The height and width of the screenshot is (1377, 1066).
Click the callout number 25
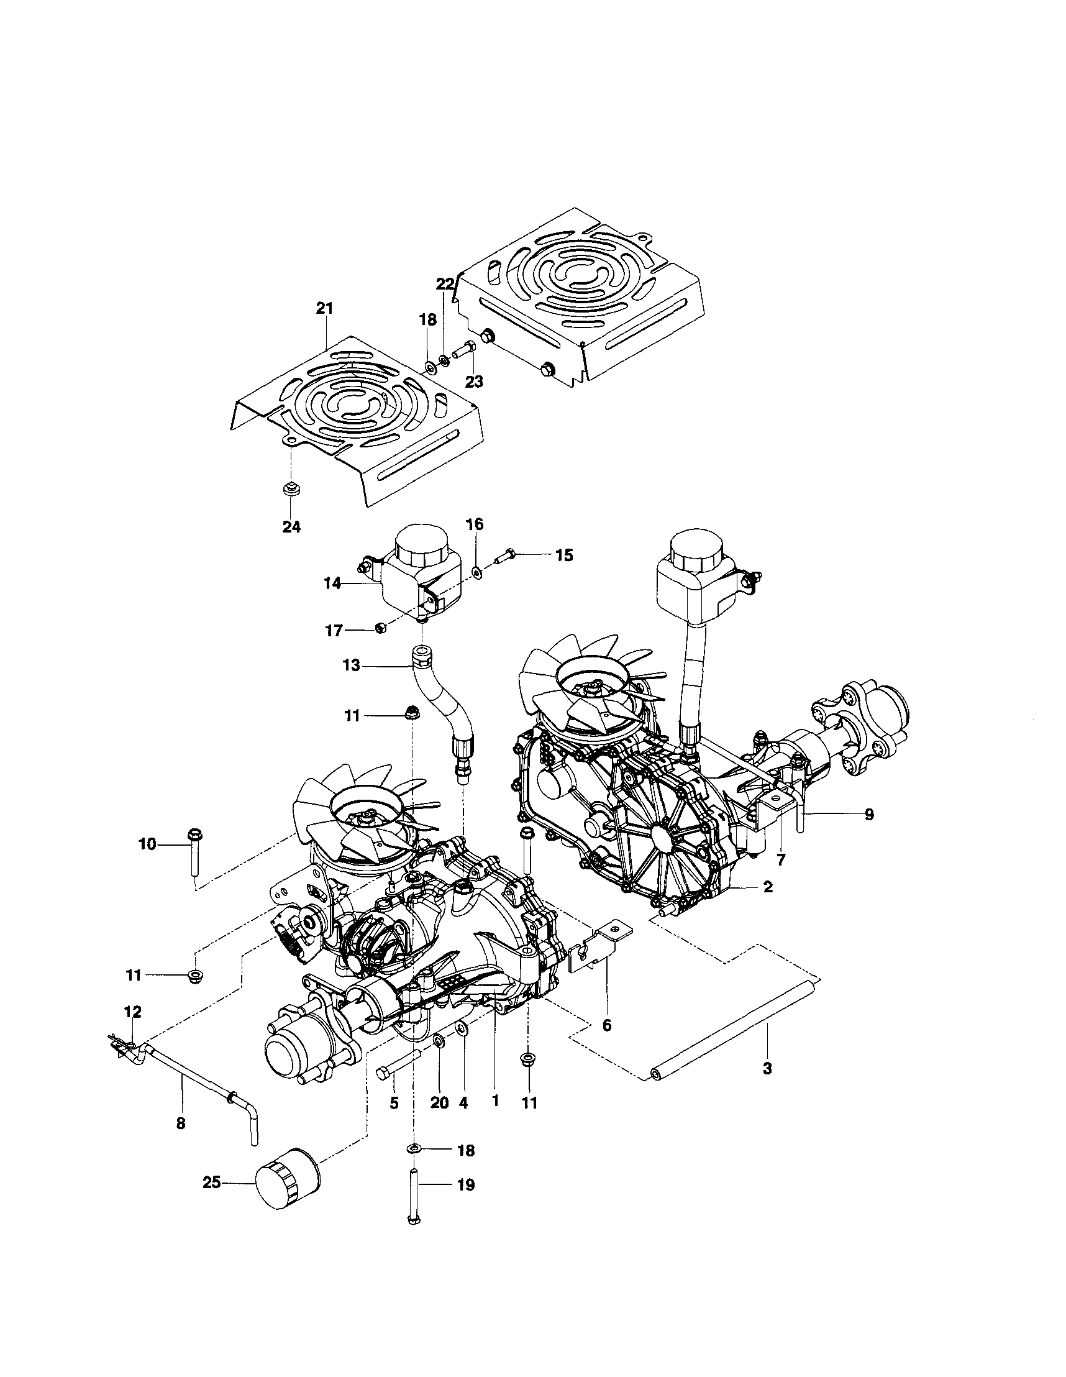[212, 1183]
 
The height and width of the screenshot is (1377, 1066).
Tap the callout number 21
[325, 308]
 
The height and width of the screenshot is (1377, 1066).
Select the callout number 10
[147, 844]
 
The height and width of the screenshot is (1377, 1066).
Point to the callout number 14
[333, 584]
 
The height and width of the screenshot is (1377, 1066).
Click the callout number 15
[564, 556]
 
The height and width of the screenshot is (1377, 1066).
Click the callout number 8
[181, 1123]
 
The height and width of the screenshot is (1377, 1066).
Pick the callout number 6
[606, 1026]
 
